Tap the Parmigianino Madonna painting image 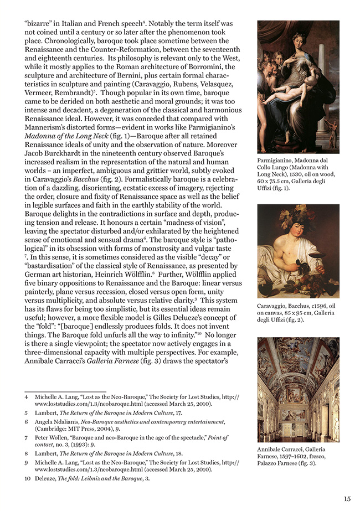pyautogui.click(x=298, y=87)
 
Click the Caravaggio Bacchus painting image pyautogui.click(x=298, y=251)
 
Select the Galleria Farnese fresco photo pyautogui.click(x=298, y=389)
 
